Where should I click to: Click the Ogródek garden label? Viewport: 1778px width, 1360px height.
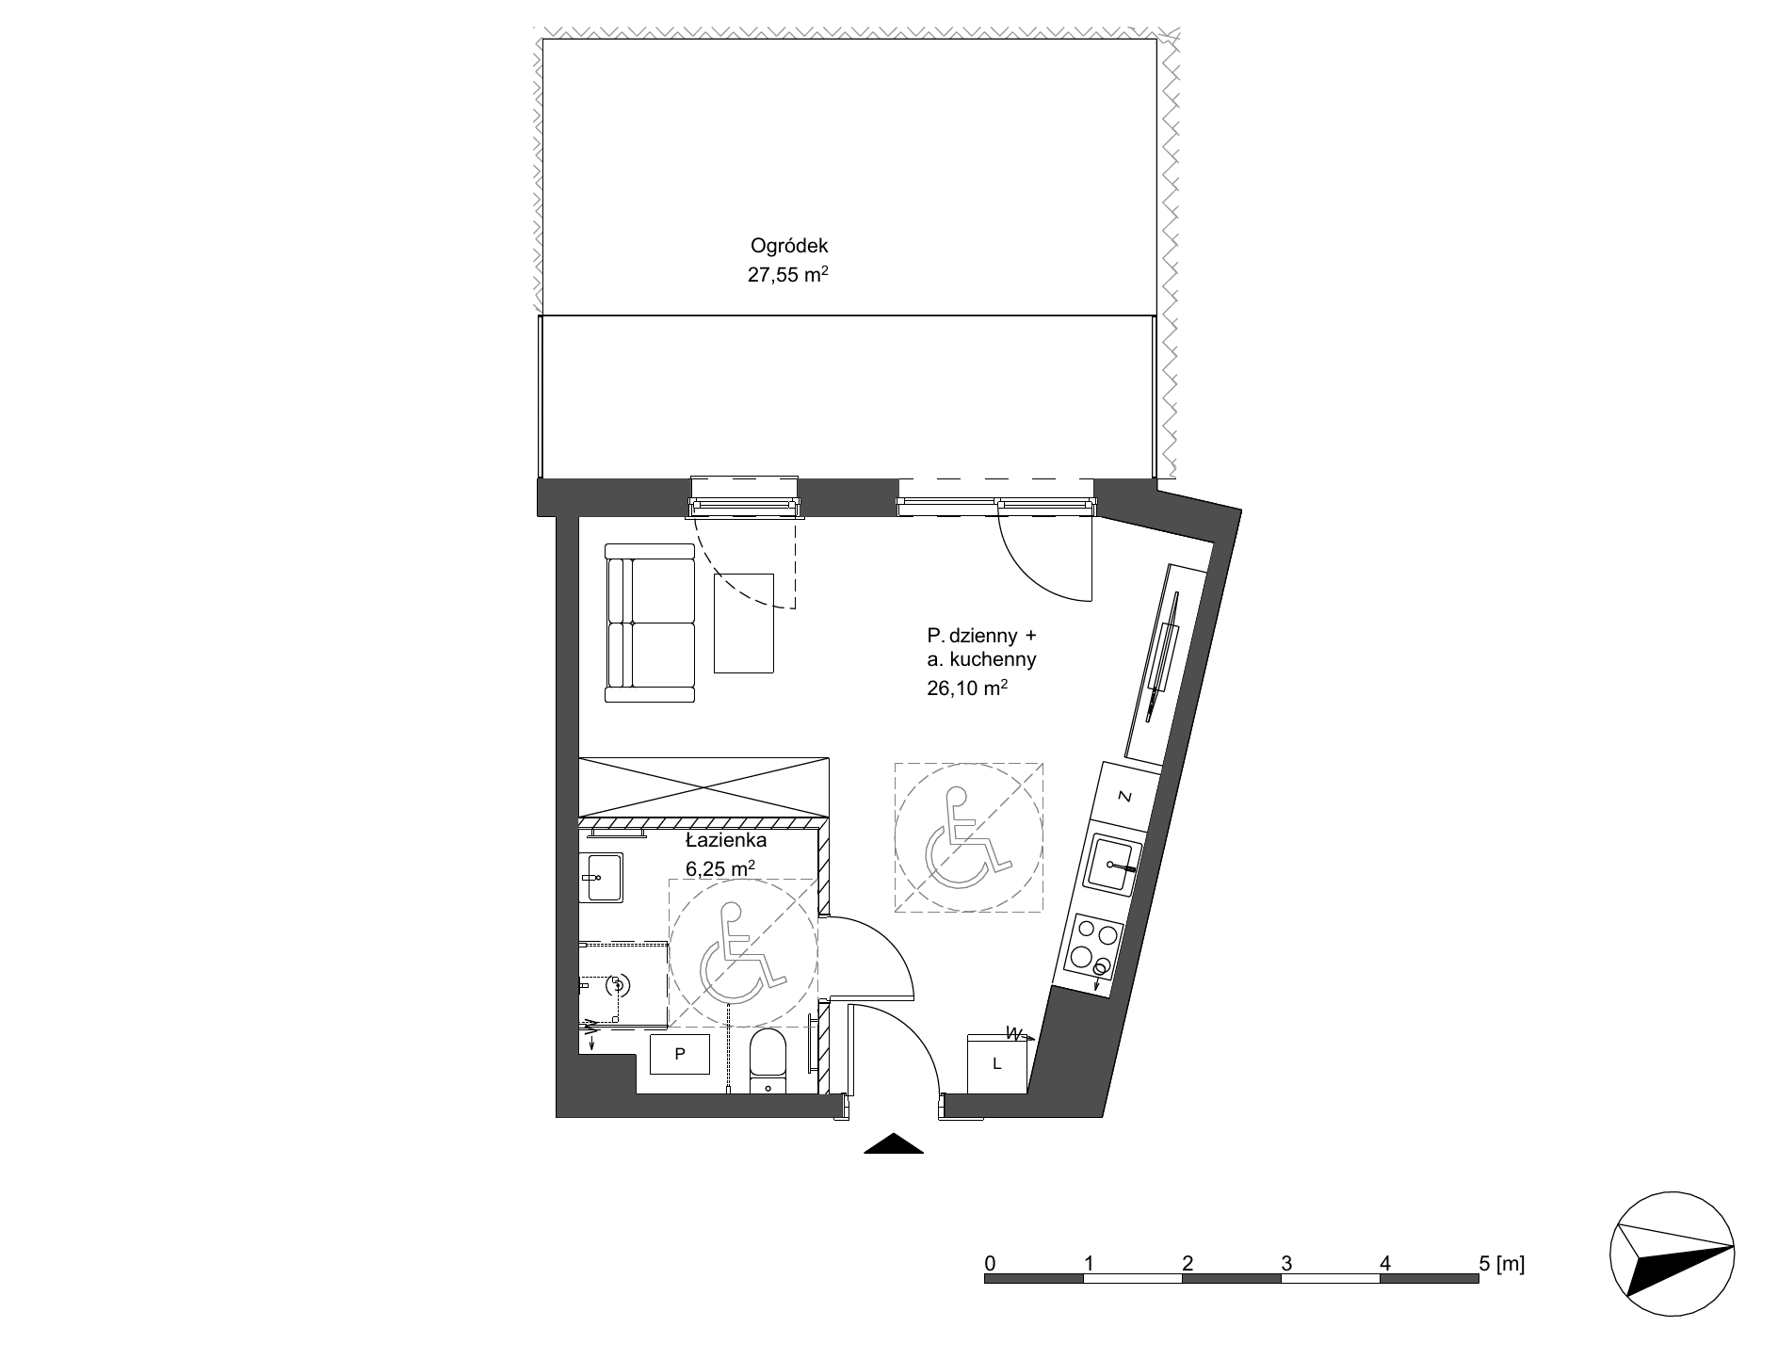click(789, 247)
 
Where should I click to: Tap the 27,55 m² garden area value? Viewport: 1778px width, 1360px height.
click(789, 276)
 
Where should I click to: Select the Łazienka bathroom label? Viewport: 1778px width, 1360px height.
click(726, 841)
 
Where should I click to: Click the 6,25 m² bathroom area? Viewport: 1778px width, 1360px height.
click(721, 868)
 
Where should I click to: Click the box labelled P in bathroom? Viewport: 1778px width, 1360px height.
click(680, 1054)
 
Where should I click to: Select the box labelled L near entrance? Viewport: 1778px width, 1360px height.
click(997, 1064)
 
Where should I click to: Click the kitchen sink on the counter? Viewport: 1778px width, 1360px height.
click(1111, 864)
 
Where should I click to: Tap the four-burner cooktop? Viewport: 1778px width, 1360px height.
click(1095, 948)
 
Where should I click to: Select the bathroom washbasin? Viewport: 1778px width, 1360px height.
click(600, 878)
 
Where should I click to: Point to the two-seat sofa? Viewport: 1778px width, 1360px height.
click(650, 623)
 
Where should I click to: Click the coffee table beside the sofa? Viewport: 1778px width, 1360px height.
click(743, 623)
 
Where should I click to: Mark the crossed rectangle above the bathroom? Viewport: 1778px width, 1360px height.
click(704, 785)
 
